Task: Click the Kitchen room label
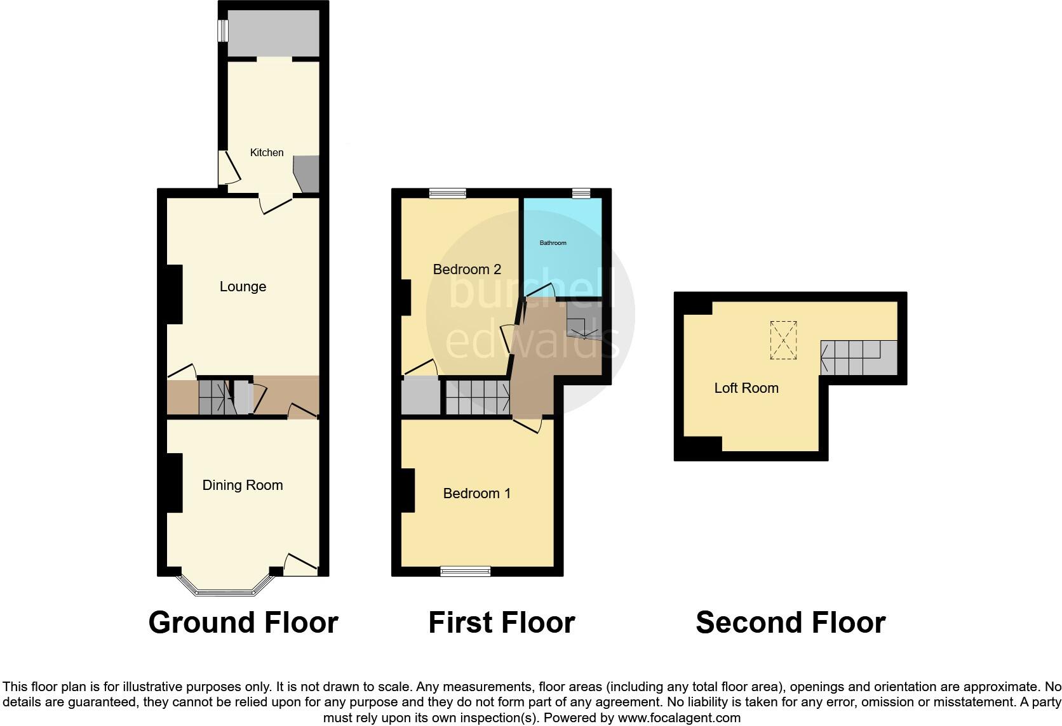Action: click(267, 152)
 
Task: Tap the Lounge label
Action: click(243, 287)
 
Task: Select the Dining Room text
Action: click(243, 485)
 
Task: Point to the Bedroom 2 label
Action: click(467, 270)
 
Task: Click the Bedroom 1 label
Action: click(477, 494)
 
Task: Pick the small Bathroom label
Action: click(553, 243)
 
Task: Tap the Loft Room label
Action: click(746, 388)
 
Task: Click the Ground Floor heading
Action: click(243, 623)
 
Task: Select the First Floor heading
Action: click(502, 623)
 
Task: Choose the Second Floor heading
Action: click(791, 623)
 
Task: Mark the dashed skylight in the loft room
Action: click(784, 341)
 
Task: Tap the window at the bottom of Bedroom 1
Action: click(466, 571)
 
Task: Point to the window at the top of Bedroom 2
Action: click(448, 194)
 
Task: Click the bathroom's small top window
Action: click(581, 194)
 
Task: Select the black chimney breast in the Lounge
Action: click(174, 294)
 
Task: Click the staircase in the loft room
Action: click(857, 357)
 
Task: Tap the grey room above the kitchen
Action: click(274, 32)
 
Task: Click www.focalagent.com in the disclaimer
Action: click(679, 718)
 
